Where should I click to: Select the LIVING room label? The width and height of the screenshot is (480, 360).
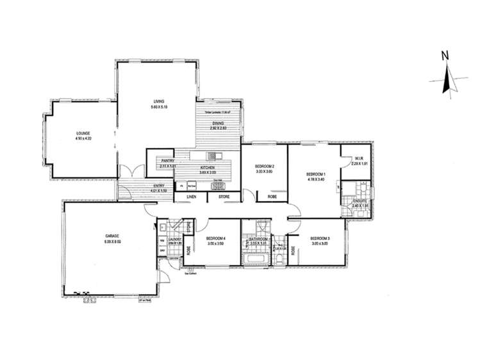click(159, 101)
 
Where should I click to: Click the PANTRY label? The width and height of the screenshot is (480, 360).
click(160, 161)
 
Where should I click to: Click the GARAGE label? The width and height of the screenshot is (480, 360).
click(113, 236)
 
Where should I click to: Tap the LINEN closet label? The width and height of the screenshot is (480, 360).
click(192, 197)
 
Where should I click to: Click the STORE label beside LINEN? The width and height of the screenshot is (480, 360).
click(223, 197)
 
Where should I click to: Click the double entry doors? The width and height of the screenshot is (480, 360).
click(134, 172)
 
